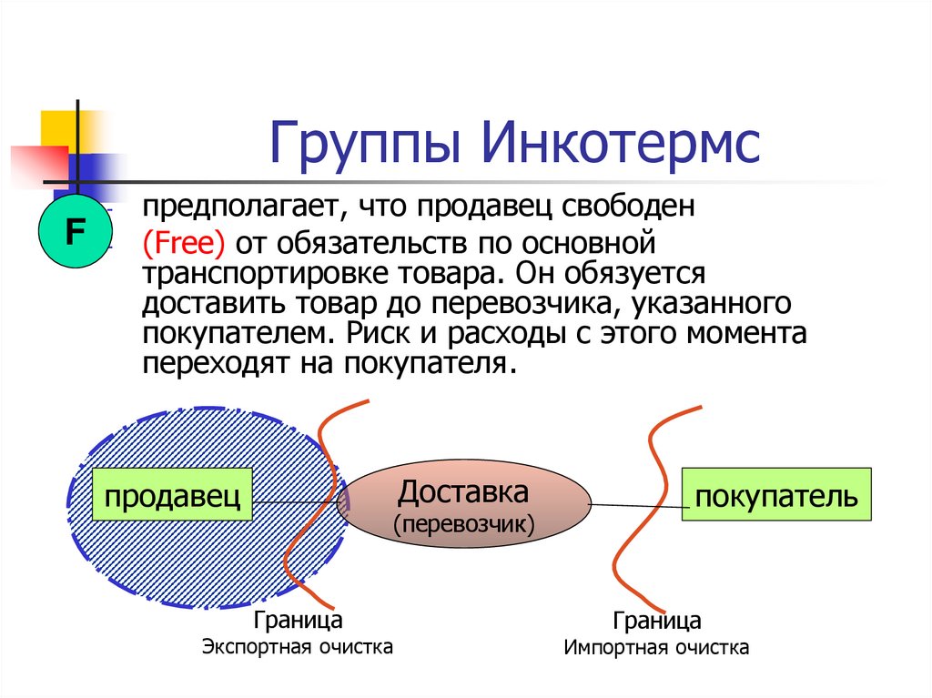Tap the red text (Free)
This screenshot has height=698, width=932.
(x=185, y=243)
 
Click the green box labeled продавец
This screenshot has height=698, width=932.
(x=173, y=496)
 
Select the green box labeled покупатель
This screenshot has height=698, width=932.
(x=776, y=496)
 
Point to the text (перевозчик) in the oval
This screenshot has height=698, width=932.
(x=463, y=525)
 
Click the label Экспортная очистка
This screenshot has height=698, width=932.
(x=298, y=647)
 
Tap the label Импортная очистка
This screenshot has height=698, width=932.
(x=656, y=648)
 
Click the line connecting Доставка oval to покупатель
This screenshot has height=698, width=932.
(x=637, y=504)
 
